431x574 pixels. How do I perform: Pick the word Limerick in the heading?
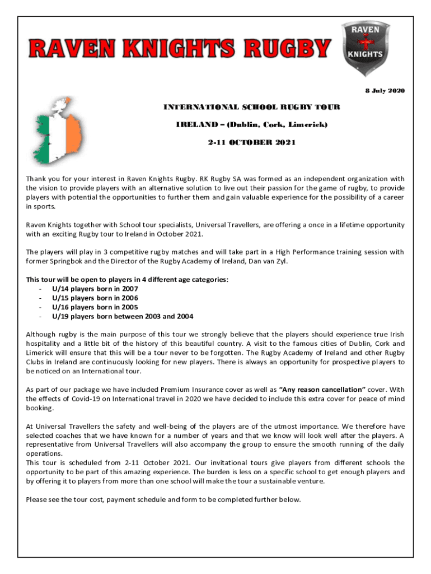pyautogui.click(x=308, y=124)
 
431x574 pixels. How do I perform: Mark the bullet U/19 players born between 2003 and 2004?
pyautogui.click(x=123, y=316)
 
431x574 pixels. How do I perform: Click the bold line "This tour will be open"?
pyautogui.click(x=127, y=279)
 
